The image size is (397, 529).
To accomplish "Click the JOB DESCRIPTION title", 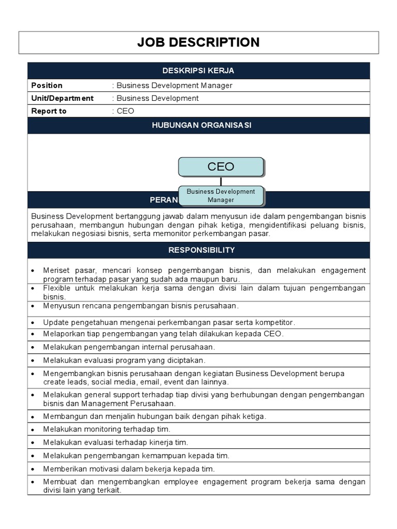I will coord(198,42).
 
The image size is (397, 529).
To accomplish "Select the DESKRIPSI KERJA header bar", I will coord(198,71).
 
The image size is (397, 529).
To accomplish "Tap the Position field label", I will coord(47,85).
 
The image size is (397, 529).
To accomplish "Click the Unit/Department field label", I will coord(63,98).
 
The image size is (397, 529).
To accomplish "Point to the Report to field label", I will coord(49,111).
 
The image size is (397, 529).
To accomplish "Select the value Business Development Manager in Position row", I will coord(174,85).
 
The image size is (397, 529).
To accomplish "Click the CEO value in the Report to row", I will coord(125,111).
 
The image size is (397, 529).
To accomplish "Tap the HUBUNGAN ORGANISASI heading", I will coord(198,126).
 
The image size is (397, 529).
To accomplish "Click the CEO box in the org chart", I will coord(221,167).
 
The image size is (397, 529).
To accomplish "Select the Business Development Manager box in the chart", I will coord(221,195).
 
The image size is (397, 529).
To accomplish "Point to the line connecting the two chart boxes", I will coord(221,181).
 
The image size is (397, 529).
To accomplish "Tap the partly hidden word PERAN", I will coord(163,200).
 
